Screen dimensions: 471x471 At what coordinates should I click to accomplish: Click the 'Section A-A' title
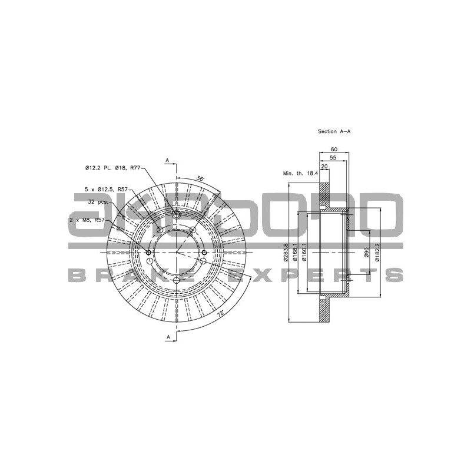tap(334, 132)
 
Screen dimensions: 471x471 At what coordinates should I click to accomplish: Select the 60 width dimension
tap(334, 150)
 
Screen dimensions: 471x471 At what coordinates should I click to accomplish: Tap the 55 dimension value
tap(333, 158)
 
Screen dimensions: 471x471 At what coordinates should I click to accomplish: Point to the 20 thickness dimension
tap(324, 166)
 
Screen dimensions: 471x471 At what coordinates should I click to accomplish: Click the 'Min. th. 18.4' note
tap(300, 174)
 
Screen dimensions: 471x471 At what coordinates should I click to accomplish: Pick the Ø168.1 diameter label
tap(296, 252)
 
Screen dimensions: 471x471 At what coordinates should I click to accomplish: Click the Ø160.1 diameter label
tap(304, 252)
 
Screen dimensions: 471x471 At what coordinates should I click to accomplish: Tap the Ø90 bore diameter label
tap(366, 252)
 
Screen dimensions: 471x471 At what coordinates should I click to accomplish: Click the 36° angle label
tap(200, 178)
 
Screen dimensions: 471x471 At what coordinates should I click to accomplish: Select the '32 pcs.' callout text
tap(99, 202)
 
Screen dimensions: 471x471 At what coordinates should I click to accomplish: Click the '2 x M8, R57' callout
tap(88, 220)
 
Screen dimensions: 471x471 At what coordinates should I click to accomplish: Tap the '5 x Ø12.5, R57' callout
tap(106, 190)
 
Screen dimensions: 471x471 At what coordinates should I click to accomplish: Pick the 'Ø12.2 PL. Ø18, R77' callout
tap(112, 168)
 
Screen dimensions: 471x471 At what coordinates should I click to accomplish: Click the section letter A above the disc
tap(167, 160)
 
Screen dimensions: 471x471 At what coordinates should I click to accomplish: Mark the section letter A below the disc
tap(167, 337)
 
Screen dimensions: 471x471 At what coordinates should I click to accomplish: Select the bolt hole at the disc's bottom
tap(177, 280)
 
